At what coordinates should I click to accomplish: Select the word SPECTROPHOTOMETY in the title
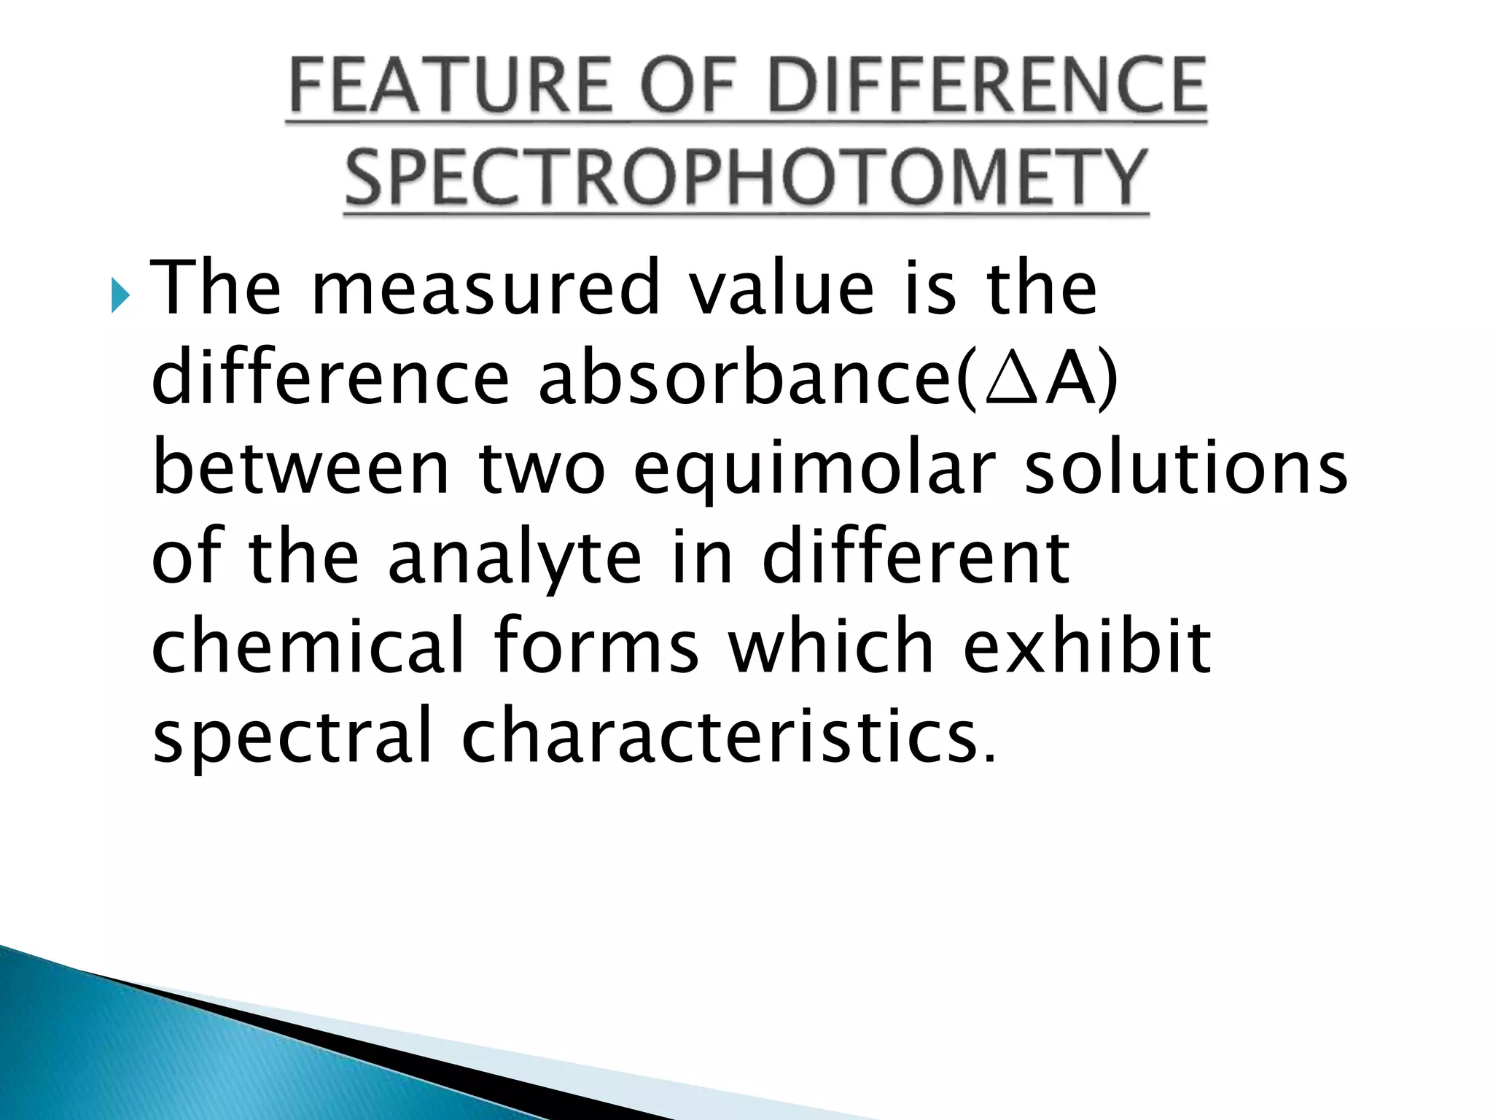[x=746, y=177]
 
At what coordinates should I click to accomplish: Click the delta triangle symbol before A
[x=1010, y=378]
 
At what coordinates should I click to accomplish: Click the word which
[x=831, y=646]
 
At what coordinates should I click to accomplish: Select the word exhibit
[x=1087, y=646]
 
